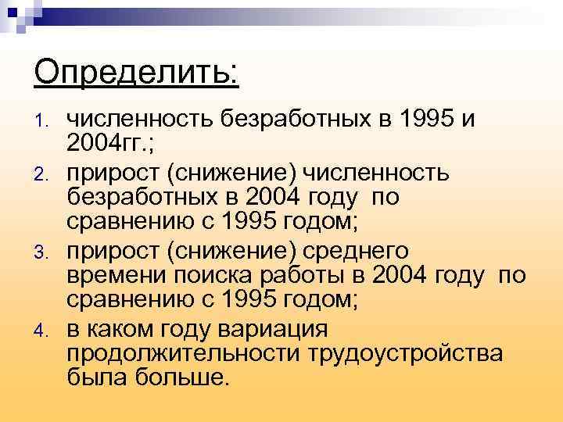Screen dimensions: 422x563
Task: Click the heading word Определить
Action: click(137, 74)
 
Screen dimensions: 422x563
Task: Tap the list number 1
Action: click(45, 120)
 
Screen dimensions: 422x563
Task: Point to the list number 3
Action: click(45, 252)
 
